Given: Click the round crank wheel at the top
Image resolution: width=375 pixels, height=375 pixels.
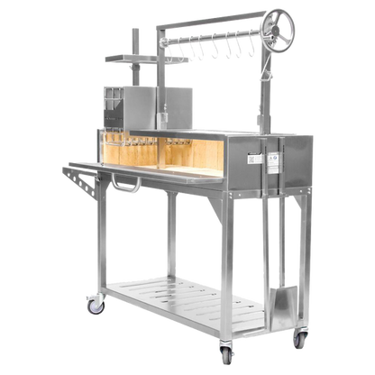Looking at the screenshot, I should pos(279,21).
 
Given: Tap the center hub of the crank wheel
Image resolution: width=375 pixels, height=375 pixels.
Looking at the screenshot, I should pos(280,21).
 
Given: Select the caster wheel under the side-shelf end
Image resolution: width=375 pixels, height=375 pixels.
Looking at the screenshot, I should pos(94,306).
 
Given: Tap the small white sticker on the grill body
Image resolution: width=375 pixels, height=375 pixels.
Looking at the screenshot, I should pos(255,160).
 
